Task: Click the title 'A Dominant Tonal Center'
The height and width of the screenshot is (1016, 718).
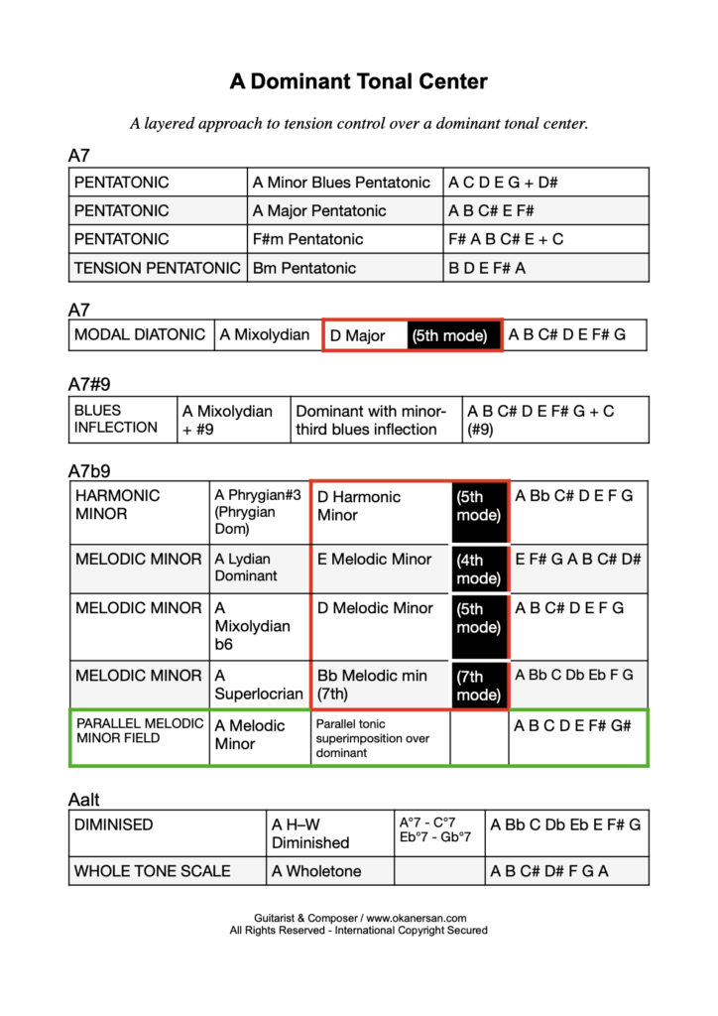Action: (x=358, y=81)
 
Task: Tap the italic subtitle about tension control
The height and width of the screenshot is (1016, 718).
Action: (x=358, y=124)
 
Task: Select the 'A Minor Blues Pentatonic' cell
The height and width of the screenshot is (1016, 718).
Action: (x=341, y=183)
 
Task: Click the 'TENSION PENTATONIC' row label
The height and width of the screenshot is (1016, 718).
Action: (x=158, y=268)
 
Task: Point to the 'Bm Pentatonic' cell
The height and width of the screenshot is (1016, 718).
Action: (x=304, y=268)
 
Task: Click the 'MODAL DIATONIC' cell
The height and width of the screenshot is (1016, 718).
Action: (x=140, y=335)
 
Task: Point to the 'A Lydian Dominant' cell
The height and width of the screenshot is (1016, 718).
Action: (x=258, y=568)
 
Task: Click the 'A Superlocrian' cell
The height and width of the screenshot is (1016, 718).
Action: (x=259, y=685)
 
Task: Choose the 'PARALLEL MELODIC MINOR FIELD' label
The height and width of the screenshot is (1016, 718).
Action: (x=139, y=731)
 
